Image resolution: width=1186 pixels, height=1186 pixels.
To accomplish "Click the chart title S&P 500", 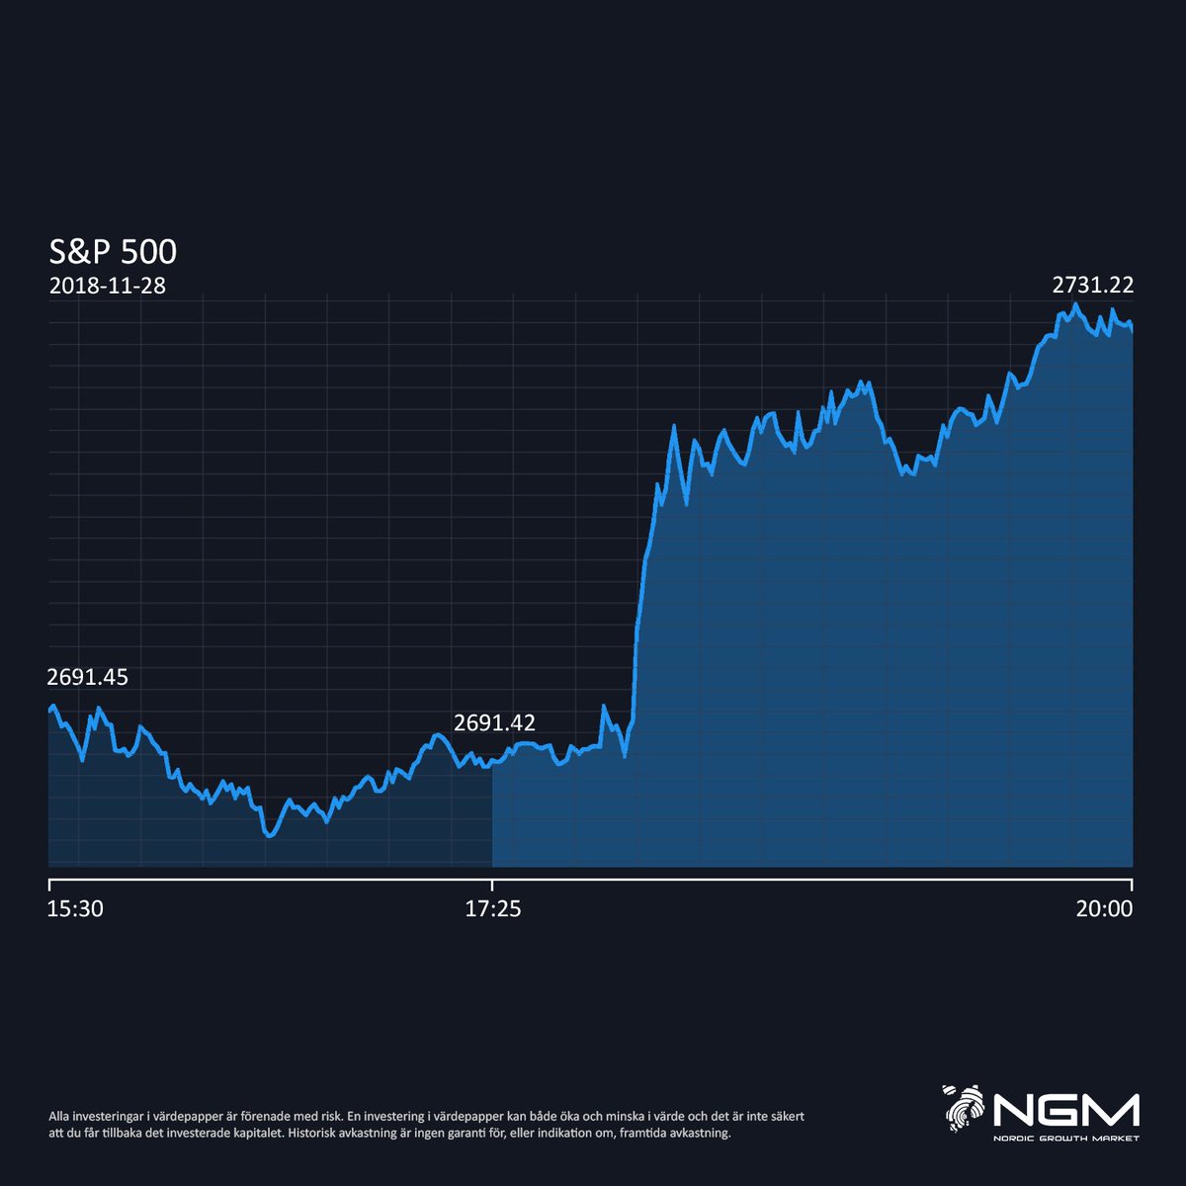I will click(113, 252).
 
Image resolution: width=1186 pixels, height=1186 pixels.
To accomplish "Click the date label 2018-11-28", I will click(107, 287).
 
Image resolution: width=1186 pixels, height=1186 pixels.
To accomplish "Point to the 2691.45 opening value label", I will click(87, 678).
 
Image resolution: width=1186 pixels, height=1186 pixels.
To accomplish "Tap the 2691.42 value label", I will click(494, 723).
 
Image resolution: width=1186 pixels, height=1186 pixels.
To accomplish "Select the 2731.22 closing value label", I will click(1092, 286).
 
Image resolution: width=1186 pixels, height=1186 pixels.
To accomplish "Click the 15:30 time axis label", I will click(75, 909).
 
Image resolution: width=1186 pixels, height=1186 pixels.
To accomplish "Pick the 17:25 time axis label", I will click(492, 909).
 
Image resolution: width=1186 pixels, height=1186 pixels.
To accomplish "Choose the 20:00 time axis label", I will click(1104, 909).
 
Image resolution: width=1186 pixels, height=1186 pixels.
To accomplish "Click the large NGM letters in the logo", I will click(1066, 1111).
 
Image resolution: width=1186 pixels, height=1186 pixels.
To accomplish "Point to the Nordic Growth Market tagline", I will click(1066, 1138).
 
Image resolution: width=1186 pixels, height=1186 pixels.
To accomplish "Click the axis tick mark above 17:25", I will click(492, 884).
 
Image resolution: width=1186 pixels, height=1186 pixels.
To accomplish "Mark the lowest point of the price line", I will click(269, 835).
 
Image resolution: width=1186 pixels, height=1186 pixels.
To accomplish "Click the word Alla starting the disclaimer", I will click(61, 1116).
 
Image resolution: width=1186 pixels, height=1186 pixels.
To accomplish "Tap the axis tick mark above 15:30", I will click(49, 884).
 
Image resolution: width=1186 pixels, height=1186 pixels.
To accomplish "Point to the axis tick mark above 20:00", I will click(1132, 884).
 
